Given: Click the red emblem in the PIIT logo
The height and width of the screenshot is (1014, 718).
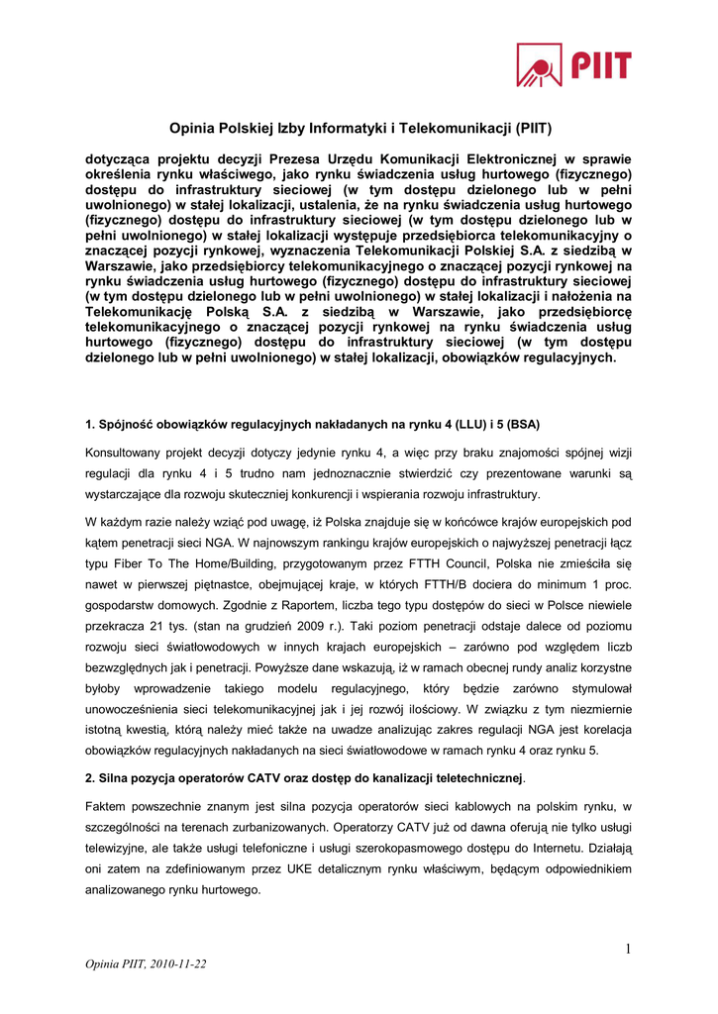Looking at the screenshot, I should (x=541, y=65).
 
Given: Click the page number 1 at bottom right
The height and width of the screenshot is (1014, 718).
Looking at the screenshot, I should (x=628, y=951).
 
